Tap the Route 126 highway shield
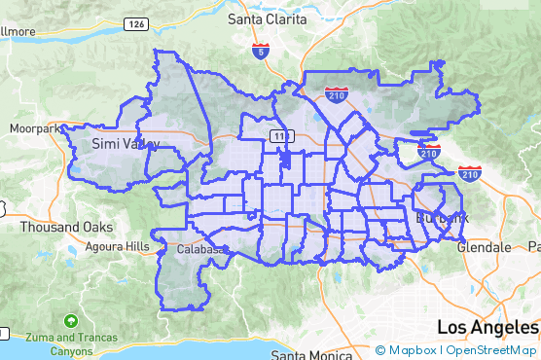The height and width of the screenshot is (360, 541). (x=137, y=23)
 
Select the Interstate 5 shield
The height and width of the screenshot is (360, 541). (x=260, y=52)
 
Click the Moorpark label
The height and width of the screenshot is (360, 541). (x=35, y=127)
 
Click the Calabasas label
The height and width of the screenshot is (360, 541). (x=201, y=250)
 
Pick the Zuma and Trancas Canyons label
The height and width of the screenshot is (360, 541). (x=70, y=343)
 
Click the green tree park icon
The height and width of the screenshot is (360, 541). (x=70, y=320)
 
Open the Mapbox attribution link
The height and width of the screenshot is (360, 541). (x=413, y=350)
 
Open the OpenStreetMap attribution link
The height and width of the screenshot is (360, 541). (x=491, y=350)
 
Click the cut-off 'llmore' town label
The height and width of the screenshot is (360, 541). (x=18, y=31)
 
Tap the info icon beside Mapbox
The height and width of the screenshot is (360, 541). (x=380, y=350)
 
